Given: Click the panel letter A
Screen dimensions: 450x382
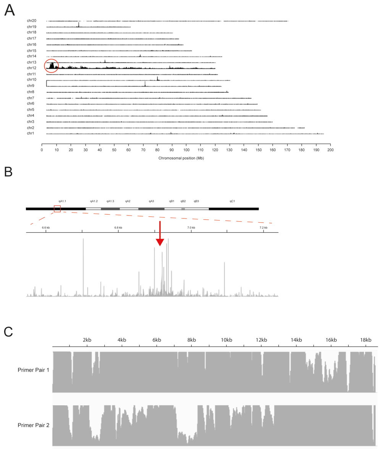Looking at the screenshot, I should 10,10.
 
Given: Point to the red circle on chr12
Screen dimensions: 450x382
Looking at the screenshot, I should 52,66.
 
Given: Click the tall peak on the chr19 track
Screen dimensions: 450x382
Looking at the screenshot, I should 79,25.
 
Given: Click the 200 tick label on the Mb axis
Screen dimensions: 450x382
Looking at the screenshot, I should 331,150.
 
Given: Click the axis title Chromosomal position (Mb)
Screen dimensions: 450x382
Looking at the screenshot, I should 181,158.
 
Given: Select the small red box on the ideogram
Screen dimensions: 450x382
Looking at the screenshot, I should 57,209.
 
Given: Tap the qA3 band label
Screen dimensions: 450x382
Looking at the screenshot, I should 151,201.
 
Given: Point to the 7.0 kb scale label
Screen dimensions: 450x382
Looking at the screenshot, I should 191,228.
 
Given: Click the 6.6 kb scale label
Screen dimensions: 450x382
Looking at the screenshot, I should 45,228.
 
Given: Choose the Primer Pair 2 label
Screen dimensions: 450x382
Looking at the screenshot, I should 32,424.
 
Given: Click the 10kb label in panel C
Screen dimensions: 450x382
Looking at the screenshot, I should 226,340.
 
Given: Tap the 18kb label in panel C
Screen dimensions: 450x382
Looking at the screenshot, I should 366,340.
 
